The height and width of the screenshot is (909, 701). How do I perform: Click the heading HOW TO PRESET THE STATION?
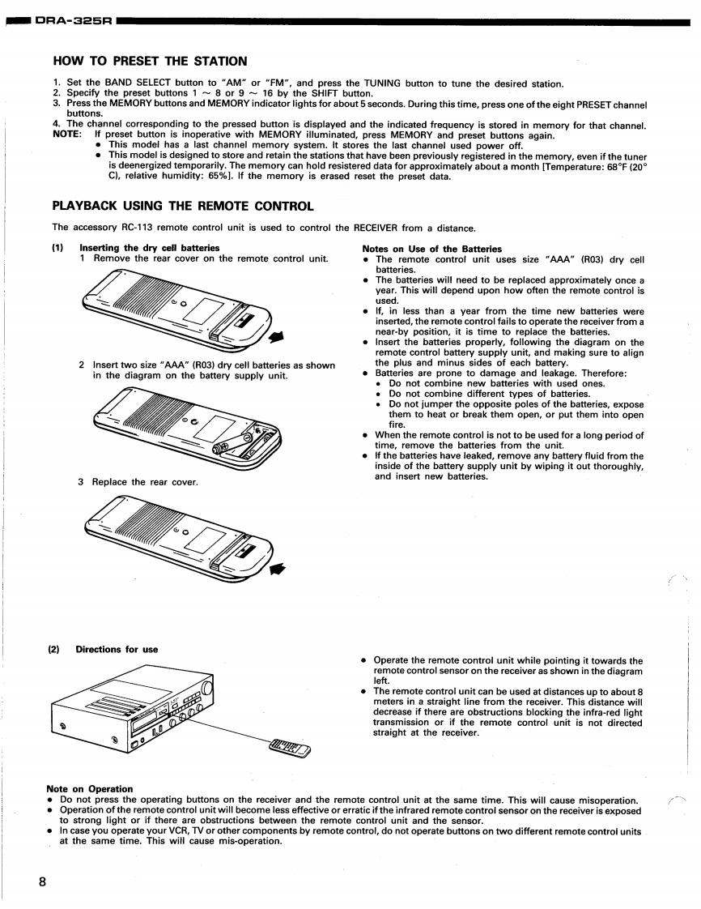(150, 61)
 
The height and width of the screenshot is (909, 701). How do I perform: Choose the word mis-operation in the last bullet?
(244, 840)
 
